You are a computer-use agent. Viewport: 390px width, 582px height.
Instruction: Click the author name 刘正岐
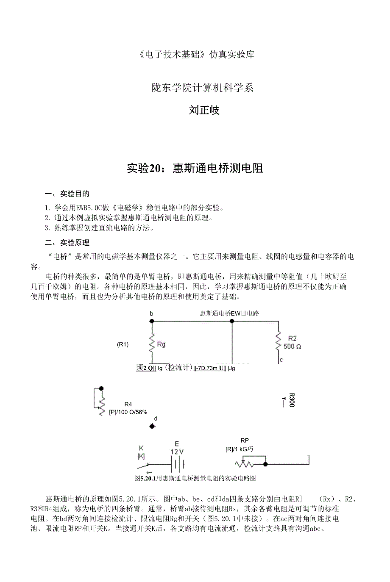pyautogui.click(x=204, y=111)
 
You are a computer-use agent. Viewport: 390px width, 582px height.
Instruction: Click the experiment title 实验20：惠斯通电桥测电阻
pyautogui.click(x=195, y=168)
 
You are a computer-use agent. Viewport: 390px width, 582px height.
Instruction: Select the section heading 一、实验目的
pyautogui.click(x=67, y=194)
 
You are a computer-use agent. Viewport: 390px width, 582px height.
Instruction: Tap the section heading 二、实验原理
pyautogui.click(x=67, y=243)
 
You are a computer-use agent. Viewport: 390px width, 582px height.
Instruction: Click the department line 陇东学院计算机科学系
pyautogui.click(x=203, y=88)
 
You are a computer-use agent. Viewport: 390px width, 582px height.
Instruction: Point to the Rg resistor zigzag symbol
pyautogui.click(x=152, y=344)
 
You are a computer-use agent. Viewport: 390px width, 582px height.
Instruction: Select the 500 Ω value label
pyautogui.click(x=292, y=346)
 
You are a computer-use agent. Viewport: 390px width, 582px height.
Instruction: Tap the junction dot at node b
pyautogui.click(x=152, y=321)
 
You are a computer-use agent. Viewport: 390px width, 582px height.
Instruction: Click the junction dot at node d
pyautogui.click(x=153, y=426)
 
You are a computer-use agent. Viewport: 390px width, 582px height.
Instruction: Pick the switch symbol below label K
pyautogui.click(x=142, y=466)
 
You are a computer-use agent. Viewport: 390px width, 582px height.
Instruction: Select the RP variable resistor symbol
pyautogui.click(x=245, y=464)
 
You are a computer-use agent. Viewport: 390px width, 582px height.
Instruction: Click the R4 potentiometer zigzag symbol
pyautogui.click(x=102, y=405)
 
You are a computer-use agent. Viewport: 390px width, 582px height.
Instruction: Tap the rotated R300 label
pyautogui.click(x=291, y=400)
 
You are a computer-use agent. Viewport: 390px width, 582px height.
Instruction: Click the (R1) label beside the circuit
pyautogui.click(x=123, y=344)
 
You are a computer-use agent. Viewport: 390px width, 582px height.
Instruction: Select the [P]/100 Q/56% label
pyautogui.click(x=128, y=412)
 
